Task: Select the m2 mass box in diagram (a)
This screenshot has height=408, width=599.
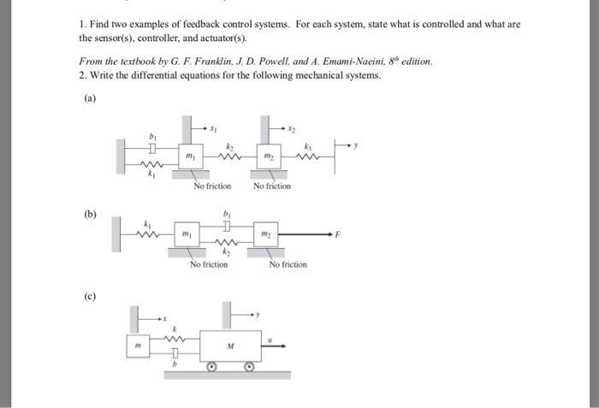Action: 270,157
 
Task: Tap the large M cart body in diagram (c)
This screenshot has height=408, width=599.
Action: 229,346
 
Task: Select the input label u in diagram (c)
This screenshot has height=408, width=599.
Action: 271,340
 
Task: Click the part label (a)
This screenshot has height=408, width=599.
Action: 91,98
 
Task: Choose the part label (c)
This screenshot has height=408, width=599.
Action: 90,297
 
